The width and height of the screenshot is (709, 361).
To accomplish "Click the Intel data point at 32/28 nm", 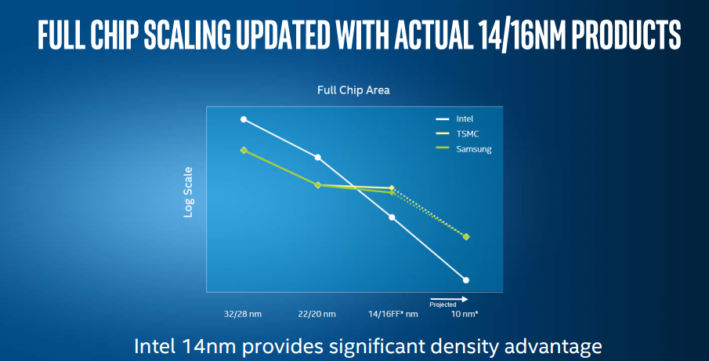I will click(244, 119).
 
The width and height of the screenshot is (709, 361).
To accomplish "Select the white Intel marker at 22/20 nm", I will click(317, 158).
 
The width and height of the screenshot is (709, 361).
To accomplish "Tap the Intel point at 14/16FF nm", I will click(392, 217).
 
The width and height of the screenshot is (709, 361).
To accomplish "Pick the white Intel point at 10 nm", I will click(466, 280).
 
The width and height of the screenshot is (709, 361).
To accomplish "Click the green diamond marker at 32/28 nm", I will click(244, 150).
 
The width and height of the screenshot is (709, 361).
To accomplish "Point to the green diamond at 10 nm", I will click(466, 236).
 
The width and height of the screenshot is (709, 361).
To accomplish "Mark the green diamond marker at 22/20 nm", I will click(317, 185).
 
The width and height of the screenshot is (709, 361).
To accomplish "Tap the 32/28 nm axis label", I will click(243, 315).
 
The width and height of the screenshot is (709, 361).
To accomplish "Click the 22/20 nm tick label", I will click(317, 315).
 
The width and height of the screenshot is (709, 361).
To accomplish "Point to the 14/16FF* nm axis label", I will click(393, 315).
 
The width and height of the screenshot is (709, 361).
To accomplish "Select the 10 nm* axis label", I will click(465, 315).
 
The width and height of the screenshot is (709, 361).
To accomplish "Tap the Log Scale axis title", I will click(189, 195).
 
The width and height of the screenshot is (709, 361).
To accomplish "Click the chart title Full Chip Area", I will click(353, 90).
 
